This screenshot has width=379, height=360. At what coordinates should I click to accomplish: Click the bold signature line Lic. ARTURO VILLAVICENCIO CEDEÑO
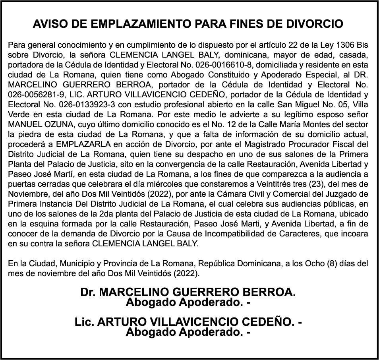tap(188, 322)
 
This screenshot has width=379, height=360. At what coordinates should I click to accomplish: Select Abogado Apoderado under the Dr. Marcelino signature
tap(188, 302)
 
